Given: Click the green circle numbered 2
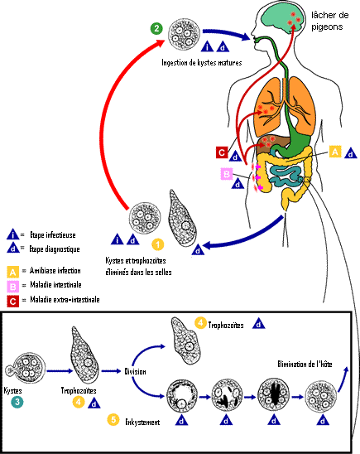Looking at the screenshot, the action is pos(156,28).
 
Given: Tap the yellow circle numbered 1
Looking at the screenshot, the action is pos(158,244).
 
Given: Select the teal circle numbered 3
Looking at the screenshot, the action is pos(17,402).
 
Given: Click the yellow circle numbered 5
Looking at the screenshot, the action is pos(113,419).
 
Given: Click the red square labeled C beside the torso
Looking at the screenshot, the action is pos(222,152).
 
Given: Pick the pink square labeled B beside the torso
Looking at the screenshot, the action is pos(227,174).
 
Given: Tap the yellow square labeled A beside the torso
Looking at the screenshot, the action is pos(335,152).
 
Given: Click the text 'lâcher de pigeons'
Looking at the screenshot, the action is pos(329,21).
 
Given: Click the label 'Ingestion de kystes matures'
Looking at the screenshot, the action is pos(202,62).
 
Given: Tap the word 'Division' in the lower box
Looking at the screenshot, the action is pos(135,371).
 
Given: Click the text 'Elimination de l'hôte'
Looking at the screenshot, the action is pos(305,364).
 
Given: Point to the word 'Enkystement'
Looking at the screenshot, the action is pos(142,423).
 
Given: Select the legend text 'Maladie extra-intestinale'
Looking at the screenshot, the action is pos(65,299).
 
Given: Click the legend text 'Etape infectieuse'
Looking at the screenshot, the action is pos(53,234).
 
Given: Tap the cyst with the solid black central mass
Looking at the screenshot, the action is pos(273,396).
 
